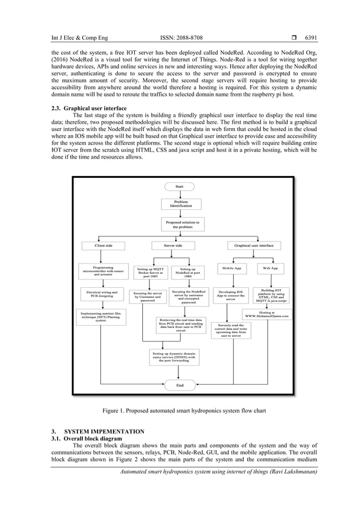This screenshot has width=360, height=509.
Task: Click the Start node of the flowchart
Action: click(x=179, y=186)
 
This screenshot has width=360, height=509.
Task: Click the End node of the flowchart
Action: click(x=179, y=385)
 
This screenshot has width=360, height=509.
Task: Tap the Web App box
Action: click(x=270, y=268)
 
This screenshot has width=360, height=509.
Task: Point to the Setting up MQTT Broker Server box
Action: click(x=149, y=273)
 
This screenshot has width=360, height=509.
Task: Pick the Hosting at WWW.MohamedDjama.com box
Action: click(x=267, y=314)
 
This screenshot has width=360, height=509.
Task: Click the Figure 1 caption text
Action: click(x=179, y=411)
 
